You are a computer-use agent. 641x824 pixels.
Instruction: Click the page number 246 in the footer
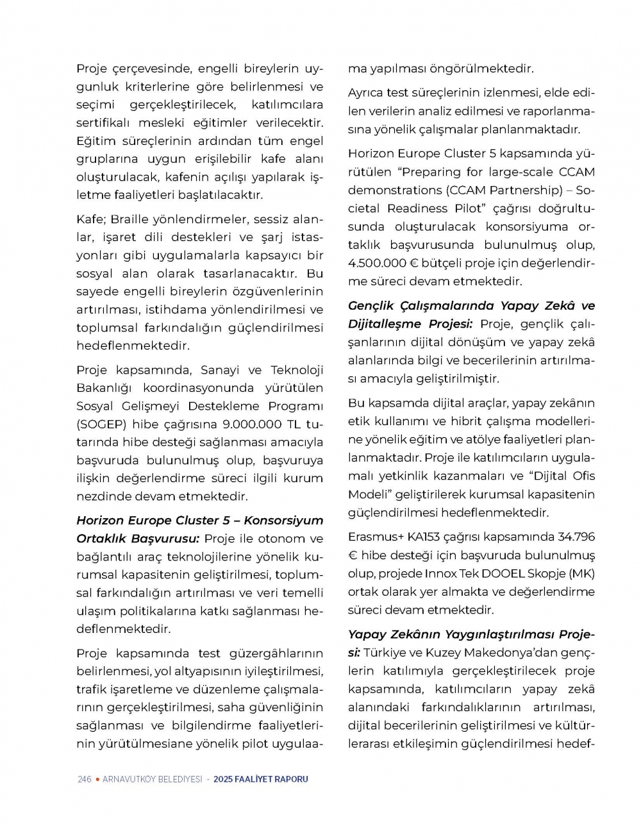click(84, 779)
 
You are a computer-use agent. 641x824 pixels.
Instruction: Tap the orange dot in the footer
click(97, 779)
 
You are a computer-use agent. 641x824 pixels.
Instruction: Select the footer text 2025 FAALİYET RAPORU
click(261, 779)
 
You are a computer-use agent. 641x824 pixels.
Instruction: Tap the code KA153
click(422, 537)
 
